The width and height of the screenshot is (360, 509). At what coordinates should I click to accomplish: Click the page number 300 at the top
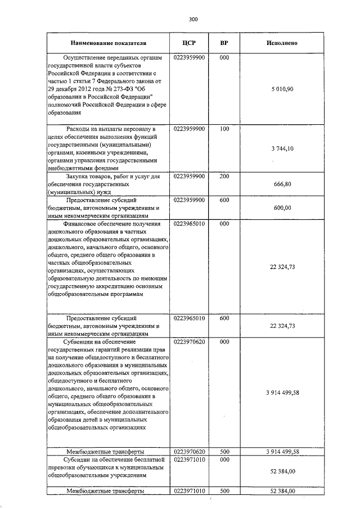193,20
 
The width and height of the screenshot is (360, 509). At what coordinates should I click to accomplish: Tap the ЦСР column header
189,43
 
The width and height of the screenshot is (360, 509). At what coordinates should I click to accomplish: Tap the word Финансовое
83,223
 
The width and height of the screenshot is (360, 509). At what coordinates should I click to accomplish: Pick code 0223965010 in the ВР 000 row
189,223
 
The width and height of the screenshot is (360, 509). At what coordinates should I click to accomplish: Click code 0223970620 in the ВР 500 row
189,451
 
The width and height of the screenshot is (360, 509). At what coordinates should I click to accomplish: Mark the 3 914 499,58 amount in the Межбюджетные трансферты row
281,451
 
